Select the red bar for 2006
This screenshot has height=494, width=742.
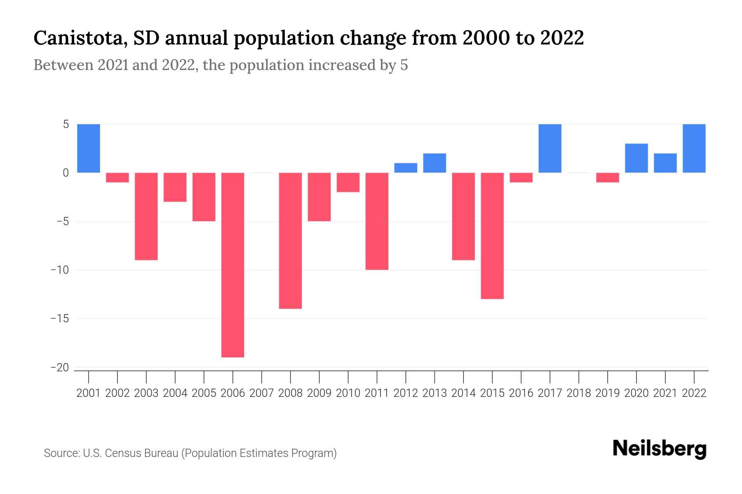click(233, 265)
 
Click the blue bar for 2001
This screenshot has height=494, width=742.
click(89, 148)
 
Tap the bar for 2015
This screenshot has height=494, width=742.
click(492, 235)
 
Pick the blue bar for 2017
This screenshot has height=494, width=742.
click(550, 148)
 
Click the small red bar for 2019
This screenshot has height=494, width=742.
click(608, 177)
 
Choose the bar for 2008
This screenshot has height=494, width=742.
click(291, 240)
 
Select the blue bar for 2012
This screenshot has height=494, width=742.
click(406, 168)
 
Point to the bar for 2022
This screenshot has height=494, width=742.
click(694, 148)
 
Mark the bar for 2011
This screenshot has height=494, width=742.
click(377, 221)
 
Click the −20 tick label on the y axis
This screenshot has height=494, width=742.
click(59, 368)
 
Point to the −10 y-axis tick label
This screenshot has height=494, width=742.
click(59, 270)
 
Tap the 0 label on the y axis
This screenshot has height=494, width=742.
click(66, 173)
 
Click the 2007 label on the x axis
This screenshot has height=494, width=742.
click(262, 393)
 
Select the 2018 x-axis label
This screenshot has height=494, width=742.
click(579, 393)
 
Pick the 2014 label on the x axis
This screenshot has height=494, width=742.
click(463, 393)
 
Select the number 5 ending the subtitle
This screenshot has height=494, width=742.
click(404, 65)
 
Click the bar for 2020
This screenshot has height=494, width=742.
click(636, 158)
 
